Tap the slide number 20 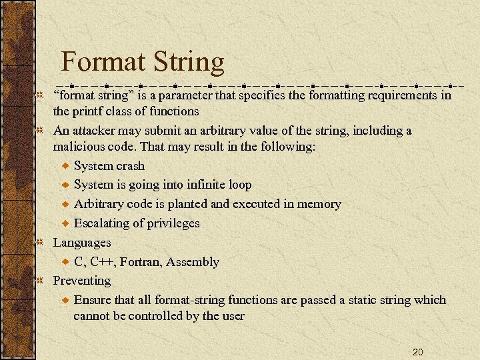coord(418,351)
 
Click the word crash coord(129,166)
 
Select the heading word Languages coord(82,243)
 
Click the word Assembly coord(193,262)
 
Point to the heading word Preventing coord(82,281)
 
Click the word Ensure coord(92,300)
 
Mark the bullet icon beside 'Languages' coord(40,243)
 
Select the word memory coord(319,204)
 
